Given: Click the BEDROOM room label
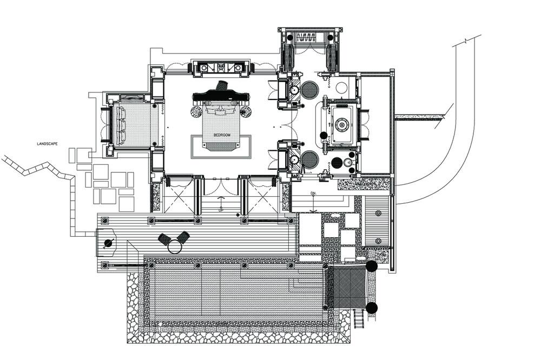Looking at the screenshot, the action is pos(221,135).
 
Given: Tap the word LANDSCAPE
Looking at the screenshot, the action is pos(47,144).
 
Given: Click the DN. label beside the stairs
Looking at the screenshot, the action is pos(313,194).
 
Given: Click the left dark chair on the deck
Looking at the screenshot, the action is pos(164,238).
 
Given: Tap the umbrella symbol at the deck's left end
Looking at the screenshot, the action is pos(108,243).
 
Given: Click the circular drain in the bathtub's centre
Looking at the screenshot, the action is pos(342,124).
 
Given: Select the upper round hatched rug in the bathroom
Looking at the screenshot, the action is pos(309,90).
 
